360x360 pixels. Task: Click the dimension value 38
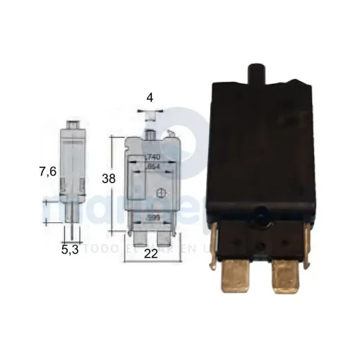tap(109, 179)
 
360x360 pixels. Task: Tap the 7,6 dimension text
tap(47, 171)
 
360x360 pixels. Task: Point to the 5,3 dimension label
tap(70, 249)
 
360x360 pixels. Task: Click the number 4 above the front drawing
tap(150, 99)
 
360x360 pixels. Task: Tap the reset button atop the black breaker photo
tap(254, 73)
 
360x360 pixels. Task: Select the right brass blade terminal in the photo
tap(287, 279)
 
